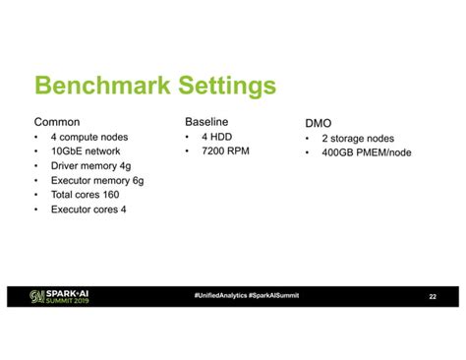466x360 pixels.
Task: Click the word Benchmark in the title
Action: (102, 86)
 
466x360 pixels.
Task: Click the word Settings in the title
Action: (227, 87)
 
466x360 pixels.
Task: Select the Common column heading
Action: (57, 122)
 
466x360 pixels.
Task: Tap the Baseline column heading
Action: (206, 122)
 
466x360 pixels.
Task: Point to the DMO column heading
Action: (319, 123)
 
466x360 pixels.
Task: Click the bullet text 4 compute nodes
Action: (89, 137)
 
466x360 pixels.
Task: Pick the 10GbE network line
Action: (86, 151)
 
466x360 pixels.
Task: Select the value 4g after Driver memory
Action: (125, 166)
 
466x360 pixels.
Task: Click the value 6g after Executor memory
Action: (138, 181)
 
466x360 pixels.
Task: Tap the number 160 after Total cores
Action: (111, 195)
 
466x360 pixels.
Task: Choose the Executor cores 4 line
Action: (88, 210)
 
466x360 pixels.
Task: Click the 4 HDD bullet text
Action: (217, 137)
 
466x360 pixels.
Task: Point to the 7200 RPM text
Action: (225, 151)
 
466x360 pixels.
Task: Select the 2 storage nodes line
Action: (358, 139)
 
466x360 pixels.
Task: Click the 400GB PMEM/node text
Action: (367, 152)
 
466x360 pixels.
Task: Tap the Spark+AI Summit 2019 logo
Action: (59, 296)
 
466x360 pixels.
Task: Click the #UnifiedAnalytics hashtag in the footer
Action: (220, 296)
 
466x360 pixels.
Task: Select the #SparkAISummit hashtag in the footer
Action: (274, 296)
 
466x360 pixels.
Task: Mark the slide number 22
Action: (433, 296)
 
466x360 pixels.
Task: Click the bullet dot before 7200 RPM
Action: (187, 151)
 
